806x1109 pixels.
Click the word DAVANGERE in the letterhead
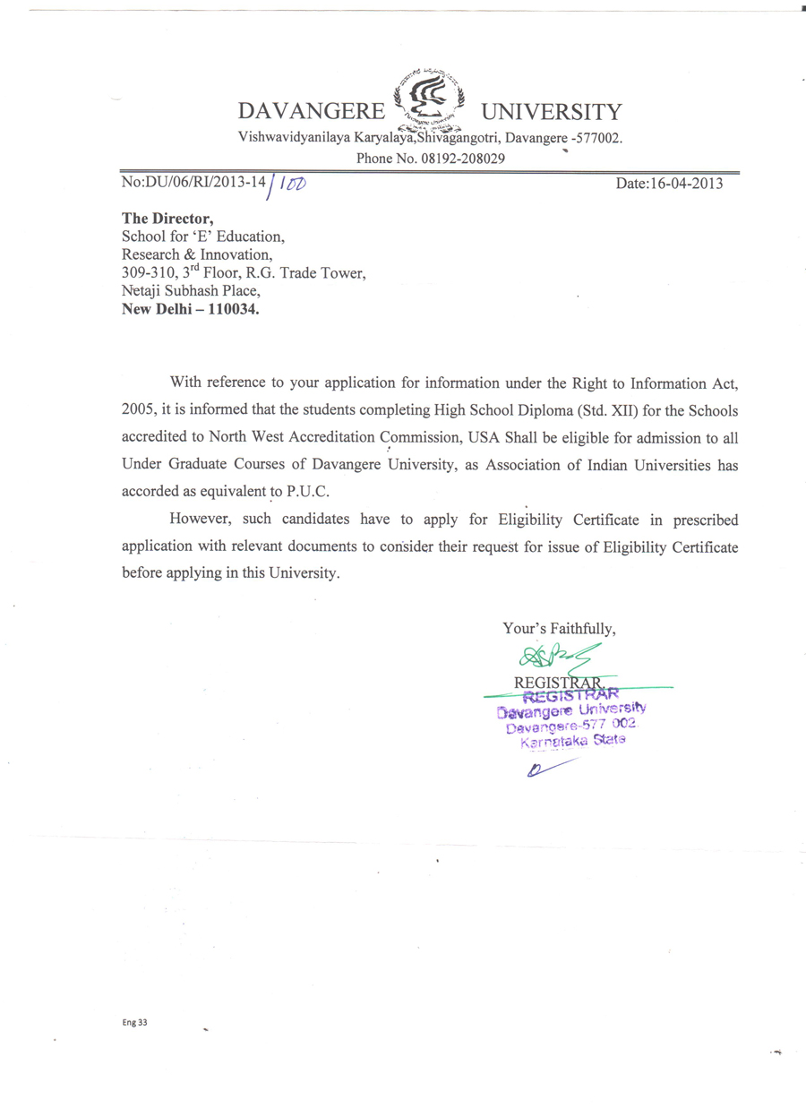pos(310,113)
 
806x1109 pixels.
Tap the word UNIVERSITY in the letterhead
pos(551,113)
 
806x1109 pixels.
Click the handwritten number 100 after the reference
pos(293,184)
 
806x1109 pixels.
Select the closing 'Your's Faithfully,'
pos(560,630)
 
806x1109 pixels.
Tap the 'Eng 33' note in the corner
pos(134,1022)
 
